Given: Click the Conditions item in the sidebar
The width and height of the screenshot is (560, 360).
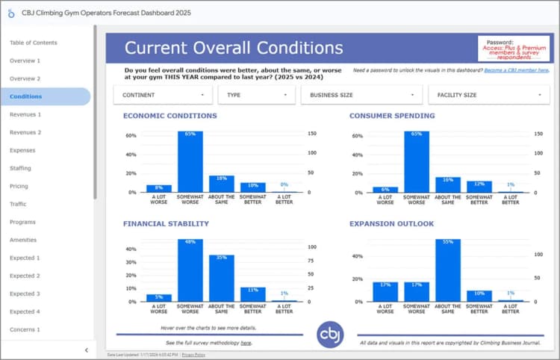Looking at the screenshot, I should point(26,96).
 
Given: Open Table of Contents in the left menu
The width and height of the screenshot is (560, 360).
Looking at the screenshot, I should point(33,43).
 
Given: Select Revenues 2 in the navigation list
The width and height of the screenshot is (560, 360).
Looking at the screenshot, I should point(25,132).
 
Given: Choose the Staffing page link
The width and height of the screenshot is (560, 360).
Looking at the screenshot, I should point(20,168).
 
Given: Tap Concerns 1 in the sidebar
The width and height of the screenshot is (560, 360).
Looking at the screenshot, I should point(25,329).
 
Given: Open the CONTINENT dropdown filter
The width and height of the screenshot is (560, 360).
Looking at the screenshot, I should point(163,95).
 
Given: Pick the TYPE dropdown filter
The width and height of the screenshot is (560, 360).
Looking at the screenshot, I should point(256,95).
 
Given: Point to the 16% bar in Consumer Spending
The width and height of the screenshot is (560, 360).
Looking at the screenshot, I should point(448,184).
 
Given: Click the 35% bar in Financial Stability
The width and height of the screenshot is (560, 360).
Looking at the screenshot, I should point(222,278).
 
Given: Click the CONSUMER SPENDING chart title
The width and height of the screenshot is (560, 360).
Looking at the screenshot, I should point(392,116).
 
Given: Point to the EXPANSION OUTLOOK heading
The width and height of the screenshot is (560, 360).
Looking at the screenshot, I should point(392,223).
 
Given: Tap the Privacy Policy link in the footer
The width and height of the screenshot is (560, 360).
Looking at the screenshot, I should point(193,355).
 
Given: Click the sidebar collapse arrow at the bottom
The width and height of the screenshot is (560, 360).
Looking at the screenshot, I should point(86,350).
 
